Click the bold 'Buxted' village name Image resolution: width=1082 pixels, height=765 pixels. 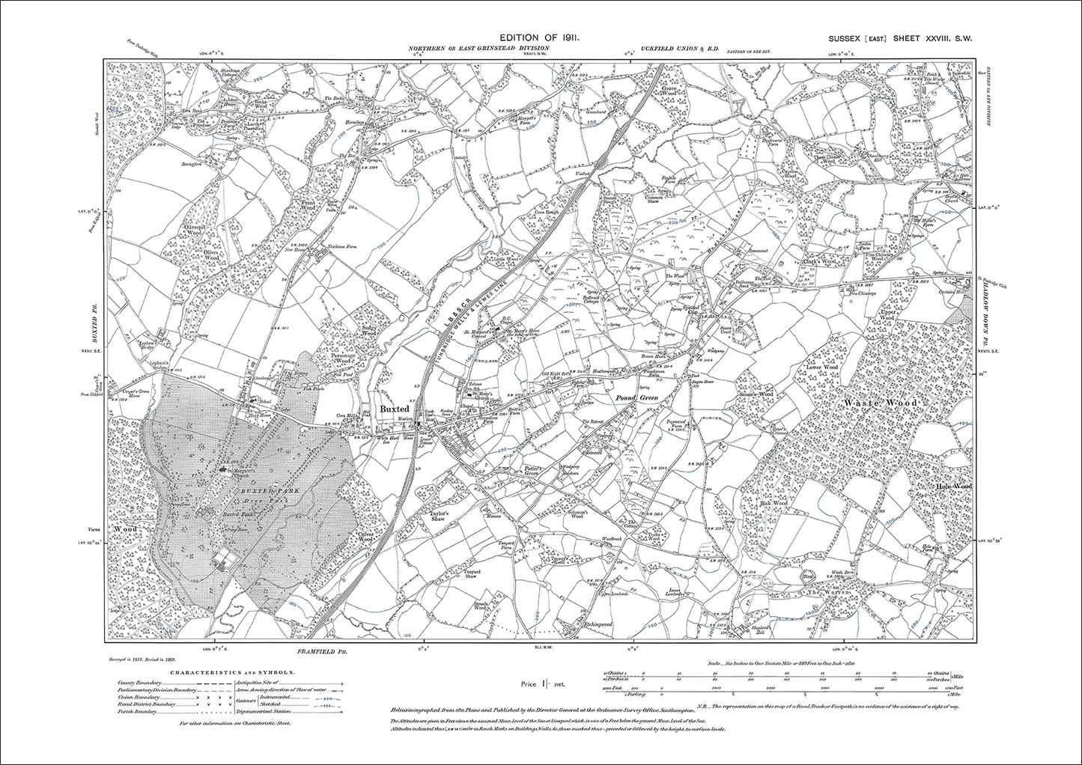394,409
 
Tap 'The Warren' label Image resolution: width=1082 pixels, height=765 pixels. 821,592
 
